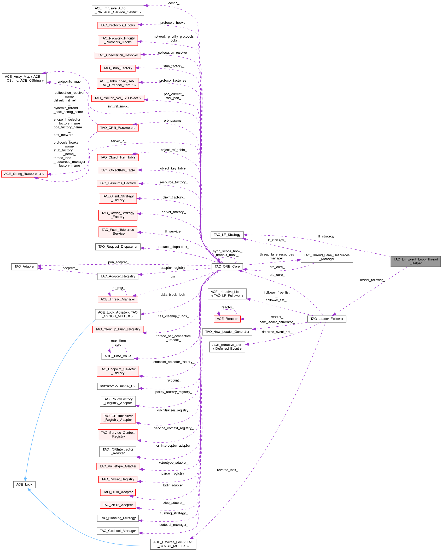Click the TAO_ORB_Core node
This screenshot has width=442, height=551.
point(227,266)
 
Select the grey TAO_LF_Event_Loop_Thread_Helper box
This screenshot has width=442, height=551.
point(415,261)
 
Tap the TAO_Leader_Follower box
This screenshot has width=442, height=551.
point(327,319)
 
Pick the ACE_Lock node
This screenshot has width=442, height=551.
point(24,484)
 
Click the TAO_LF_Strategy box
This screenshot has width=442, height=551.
point(227,235)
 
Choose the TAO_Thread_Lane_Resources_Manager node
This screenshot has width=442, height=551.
point(327,257)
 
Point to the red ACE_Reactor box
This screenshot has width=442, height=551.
point(227,319)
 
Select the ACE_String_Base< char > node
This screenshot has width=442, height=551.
point(24,174)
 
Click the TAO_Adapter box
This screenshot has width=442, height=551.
point(24,266)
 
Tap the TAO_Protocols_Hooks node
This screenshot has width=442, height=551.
point(118,25)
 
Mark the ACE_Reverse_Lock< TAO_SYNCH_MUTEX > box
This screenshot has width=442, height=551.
point(173,544)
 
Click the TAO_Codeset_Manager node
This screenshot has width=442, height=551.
point(118,531)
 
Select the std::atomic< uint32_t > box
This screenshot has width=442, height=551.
point(118,386)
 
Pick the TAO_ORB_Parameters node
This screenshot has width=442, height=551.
point(118,128)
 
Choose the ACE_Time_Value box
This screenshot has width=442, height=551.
point(118,356)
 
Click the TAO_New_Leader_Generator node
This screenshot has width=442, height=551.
point(227,332)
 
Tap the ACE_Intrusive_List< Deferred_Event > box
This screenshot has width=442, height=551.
point(227,347)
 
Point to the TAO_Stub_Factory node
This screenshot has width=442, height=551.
point(118,68)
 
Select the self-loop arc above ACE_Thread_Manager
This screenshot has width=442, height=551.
point(118,290)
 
